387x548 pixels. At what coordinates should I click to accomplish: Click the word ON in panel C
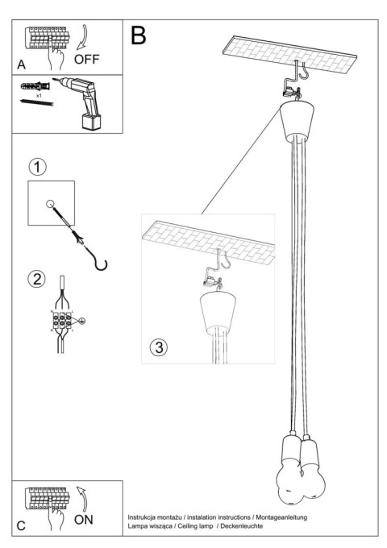point(84,520)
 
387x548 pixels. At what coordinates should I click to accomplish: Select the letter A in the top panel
point(19,63)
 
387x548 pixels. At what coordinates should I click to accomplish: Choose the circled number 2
point(37,280)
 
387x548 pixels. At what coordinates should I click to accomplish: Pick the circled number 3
point(159,347)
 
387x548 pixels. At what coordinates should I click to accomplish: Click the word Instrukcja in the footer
point(146,515)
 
